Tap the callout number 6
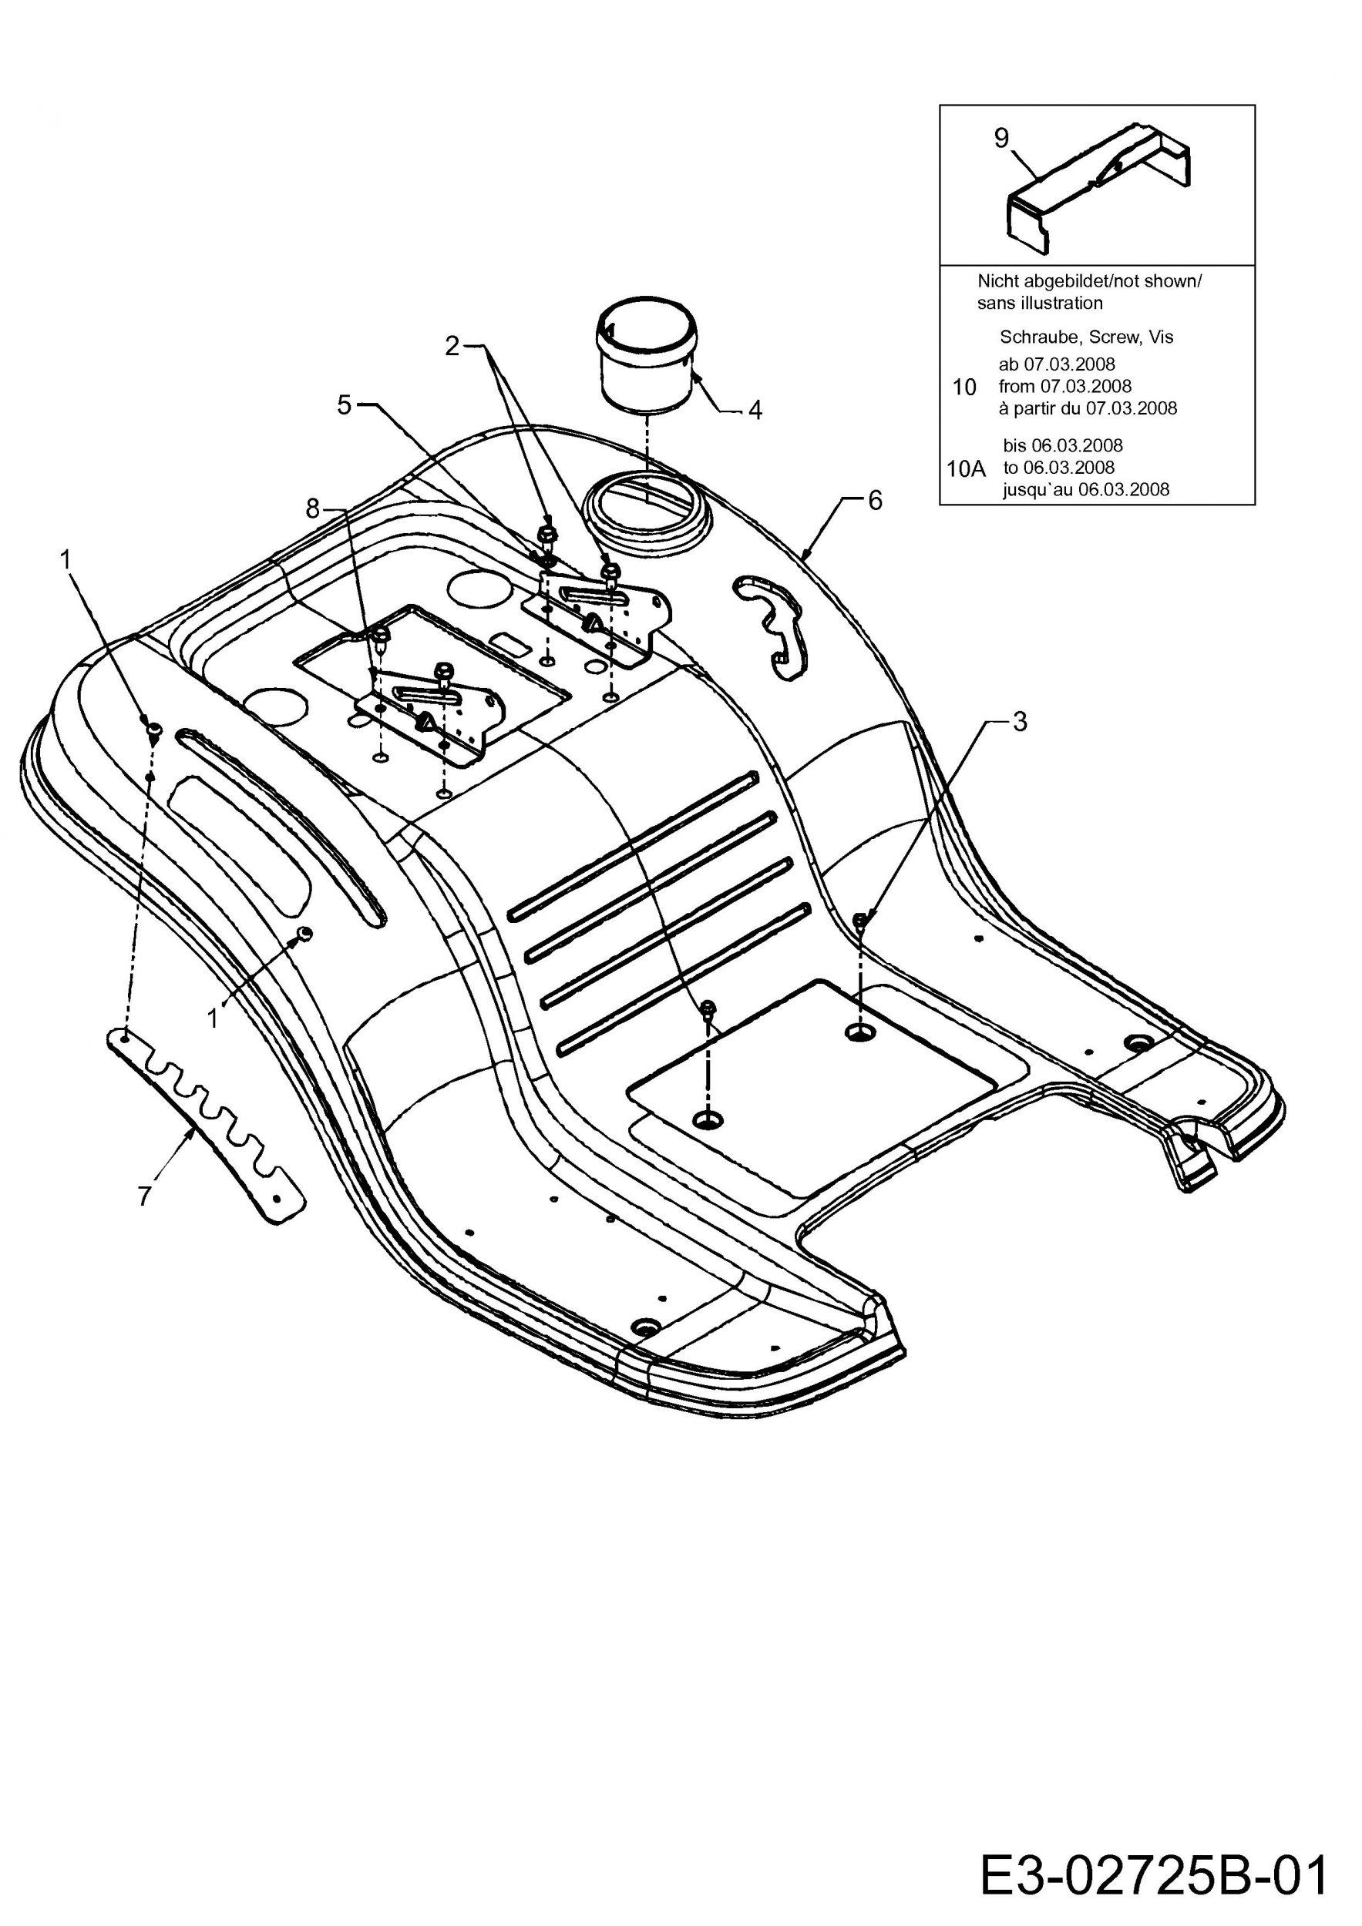pyautogui.click(x=874, y=500)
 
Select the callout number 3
pyautogui.click(x=1020, y=721)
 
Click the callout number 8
pyautogui.click(x=312, y=508)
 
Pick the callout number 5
pyautogui.click(x=344, y=404)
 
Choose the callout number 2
pyautogui.click(x=452, y=346)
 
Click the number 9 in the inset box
pyautogui.click(x=1001, y=139)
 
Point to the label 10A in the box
pyautogui.click(x=965, y=469)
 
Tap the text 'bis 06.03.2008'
pyautogui.click(x=1062, y=445)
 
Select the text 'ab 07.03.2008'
pyautogui.click(x=1057, y=364)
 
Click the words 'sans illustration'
pyautogui.click(x=1040, y=303)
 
